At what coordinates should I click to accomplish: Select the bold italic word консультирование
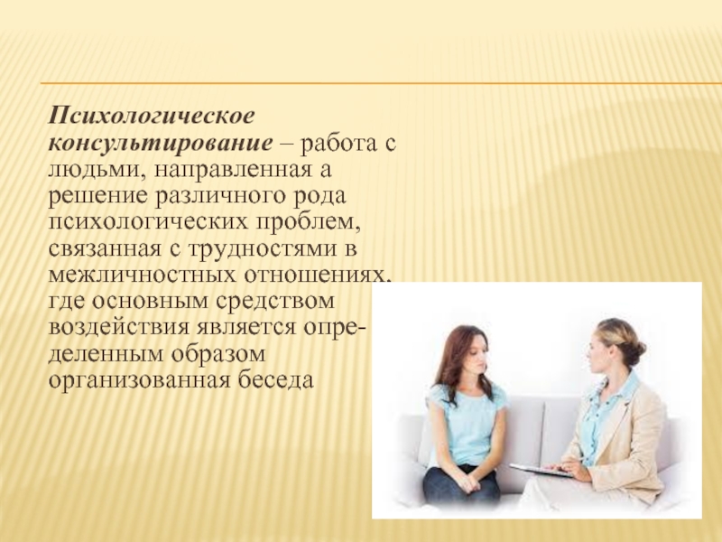[161, 143]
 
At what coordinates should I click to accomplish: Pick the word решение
[98, 196]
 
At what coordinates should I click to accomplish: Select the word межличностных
[141, 276]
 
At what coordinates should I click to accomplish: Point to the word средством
[274, 302]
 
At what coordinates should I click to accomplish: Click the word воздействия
[119, 328]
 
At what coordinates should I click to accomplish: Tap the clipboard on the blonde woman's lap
[541, 470]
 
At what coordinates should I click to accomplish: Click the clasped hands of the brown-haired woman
[465, 482]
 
